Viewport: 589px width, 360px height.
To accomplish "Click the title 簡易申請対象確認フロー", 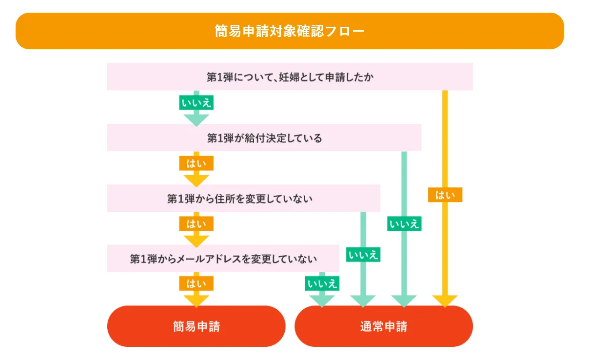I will [x=290, y=31].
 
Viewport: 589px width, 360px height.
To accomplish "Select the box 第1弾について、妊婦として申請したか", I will [x=290, y=77].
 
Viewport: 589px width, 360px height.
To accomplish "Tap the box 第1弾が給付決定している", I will [x=264, y=138].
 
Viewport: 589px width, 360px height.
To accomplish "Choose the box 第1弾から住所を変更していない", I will [x=243, y=199].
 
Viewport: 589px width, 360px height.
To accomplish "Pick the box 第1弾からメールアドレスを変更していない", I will [x=223, y=259].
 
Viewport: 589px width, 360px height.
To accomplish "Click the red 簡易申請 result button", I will [x=196, y=326].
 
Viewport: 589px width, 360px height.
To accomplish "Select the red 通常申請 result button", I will [x=383, y=326].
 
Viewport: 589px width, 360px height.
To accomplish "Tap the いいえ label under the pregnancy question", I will [x=196, y=103].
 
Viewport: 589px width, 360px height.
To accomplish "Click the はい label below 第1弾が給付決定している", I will [x=196, y=163].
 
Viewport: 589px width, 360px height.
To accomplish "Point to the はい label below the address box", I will [x=196, y=224].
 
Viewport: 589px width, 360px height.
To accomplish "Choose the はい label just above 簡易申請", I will [x=196, y=283].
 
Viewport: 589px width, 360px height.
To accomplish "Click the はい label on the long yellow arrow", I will [x=445, y=195].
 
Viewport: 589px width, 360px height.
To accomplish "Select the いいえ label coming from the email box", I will [x=322, y=283].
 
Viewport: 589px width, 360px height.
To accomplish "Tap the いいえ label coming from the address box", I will [x=363, y=255].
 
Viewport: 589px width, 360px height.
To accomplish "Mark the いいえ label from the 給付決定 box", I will [x=404, y=224].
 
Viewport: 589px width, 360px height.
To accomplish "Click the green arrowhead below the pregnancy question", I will [x=196, y=119].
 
